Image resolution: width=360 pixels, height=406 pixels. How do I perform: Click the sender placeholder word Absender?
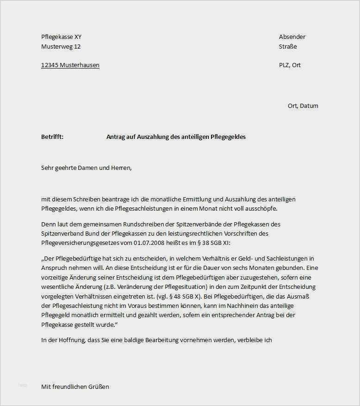pos(292,37)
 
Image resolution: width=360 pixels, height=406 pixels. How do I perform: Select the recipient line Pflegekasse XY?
pos(62,37)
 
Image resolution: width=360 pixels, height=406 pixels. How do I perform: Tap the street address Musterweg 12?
pos(61,47)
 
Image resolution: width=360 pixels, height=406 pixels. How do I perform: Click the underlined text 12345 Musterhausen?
pos(70,65)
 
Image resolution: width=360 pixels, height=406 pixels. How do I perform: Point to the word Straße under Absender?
pos(288,47)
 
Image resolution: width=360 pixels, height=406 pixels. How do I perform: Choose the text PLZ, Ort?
pos(290,65)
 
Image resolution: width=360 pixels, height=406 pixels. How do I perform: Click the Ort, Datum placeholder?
pos(303,106)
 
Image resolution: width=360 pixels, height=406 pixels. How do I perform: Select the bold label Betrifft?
pos(52,137)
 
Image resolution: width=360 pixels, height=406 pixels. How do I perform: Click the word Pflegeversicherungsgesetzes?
pos(81,243)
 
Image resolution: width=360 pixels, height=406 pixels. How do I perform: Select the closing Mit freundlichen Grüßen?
pos(75,387)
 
